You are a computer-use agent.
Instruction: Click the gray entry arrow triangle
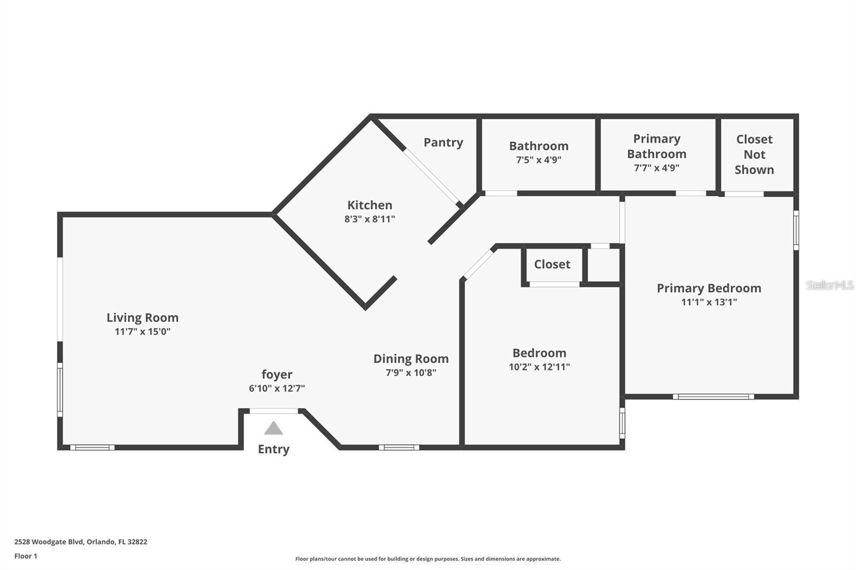pos(273,428)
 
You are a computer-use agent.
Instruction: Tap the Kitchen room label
pos(370,205)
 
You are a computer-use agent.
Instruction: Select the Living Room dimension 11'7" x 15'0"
pos(142,332)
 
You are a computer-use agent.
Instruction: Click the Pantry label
pos(443,142)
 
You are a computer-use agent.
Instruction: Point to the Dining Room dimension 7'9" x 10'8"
pos(411,373)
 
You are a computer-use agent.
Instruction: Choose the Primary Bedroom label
pos(709,288)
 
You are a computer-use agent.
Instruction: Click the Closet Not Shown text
pos(754,155)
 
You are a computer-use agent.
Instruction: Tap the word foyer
pos(277,374)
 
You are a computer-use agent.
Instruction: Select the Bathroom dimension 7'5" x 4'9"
pos(538,160)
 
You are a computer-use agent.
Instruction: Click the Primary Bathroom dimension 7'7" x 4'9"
pos(656,168)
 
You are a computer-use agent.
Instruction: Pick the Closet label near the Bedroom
pos(552,264)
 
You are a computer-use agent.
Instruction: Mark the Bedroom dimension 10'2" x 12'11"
pos(539,367)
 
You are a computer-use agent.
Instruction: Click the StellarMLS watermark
pos(829,286)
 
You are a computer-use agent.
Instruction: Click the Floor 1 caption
pos(26,556)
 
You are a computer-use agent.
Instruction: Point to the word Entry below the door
pos(273,449)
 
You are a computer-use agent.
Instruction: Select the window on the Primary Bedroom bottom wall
pos(713,397)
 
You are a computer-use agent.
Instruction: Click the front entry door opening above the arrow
pos(274,411)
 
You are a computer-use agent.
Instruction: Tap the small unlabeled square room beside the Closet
pos(604,265)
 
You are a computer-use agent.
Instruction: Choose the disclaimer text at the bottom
pos(428,559)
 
